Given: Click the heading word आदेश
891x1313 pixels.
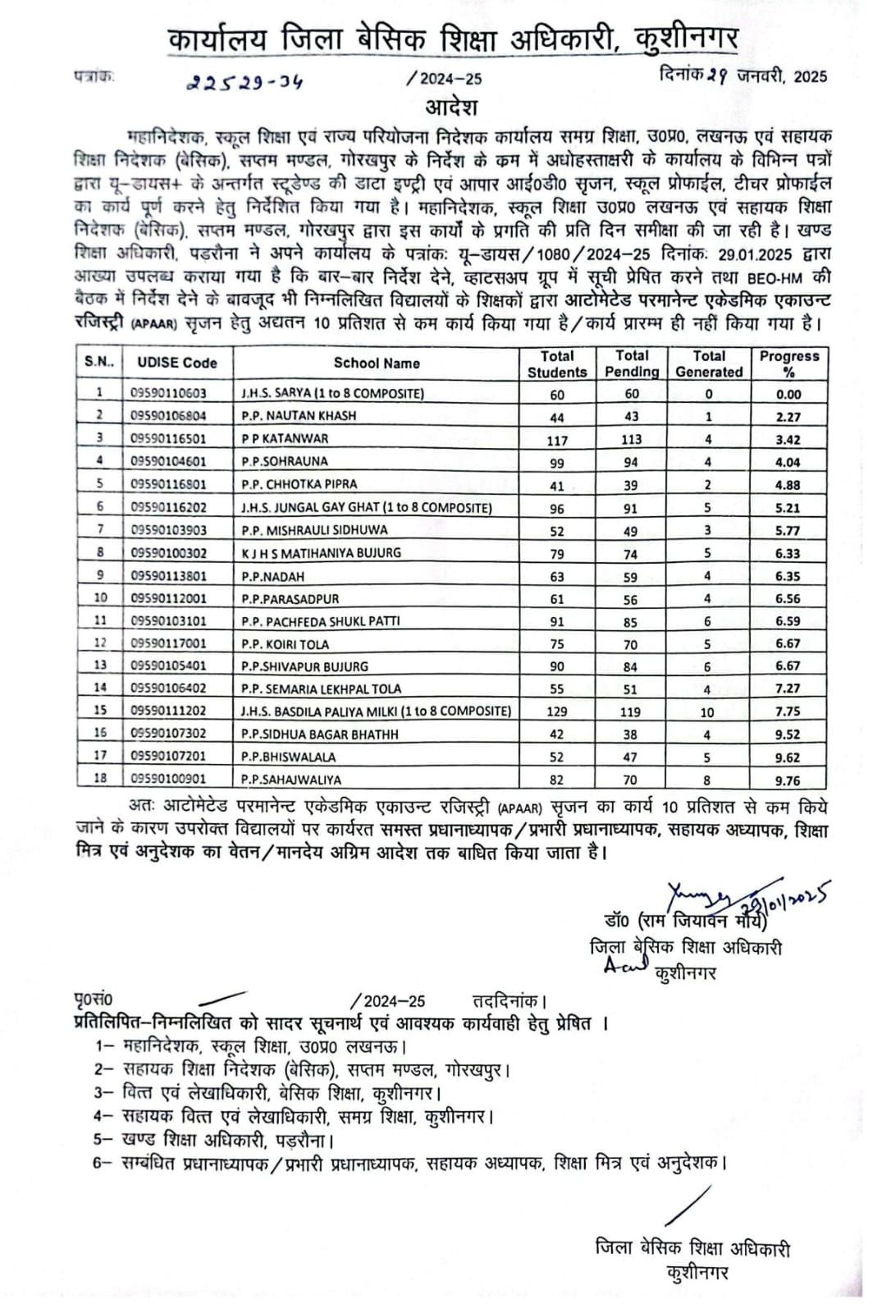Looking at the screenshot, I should (x=450, y=108).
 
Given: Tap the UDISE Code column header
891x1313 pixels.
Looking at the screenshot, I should (x=177, y=363).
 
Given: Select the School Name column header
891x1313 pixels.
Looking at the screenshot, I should (x=377, y=363).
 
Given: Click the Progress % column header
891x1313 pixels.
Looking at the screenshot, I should (x=788, y=364).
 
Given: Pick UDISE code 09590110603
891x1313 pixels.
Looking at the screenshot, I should (x=169, y=393).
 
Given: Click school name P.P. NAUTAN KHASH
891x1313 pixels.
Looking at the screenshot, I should (x=299, y=416).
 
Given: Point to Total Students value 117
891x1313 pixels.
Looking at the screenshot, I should (x=557, y=440).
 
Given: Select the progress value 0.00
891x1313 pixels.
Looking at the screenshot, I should (x=788, y=394).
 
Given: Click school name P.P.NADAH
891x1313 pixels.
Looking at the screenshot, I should (x=272, y=576).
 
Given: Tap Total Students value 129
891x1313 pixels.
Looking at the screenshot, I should (x=557, y=712).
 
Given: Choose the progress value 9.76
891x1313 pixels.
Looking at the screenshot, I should (x=788, y=780).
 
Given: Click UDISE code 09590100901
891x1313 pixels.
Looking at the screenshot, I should (x=169, y=779).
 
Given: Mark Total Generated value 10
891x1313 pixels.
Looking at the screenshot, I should (x=707, y=712).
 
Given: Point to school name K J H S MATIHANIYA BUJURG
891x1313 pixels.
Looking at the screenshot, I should (x=321, y=553).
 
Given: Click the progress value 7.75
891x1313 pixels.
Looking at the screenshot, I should (x=788, y=712).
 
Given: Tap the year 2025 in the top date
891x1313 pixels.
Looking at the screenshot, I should (x=811, y=77).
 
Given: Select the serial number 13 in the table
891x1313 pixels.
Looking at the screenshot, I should (x=100, y=666).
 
